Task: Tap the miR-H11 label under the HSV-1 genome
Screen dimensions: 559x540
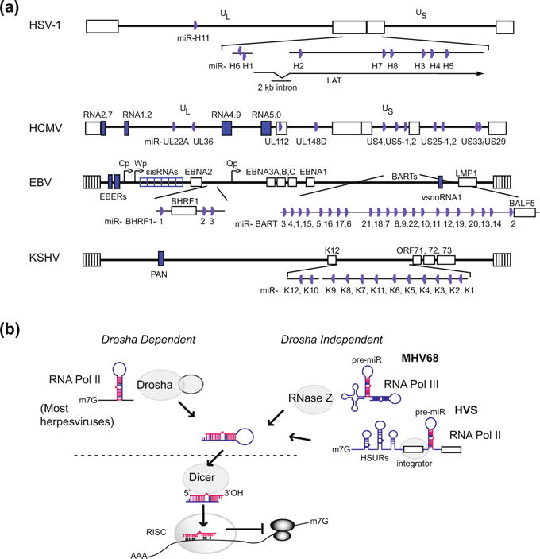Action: (x=195, y=38)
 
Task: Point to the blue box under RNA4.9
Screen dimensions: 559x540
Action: (x=226, y=127)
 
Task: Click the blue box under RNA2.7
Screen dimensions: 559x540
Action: (x=102, y=127)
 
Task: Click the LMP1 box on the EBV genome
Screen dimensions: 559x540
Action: (x=468, y=182)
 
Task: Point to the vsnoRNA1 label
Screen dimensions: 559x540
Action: (x=440, y=196)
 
